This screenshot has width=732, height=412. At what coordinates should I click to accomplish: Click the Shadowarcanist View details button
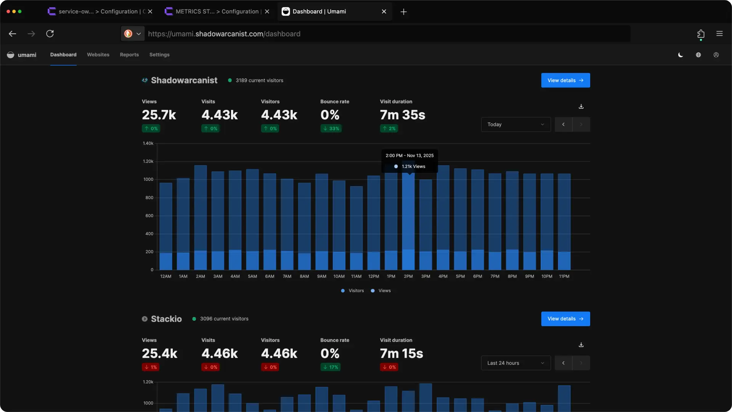565,80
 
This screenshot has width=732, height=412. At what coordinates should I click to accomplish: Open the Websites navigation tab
98,55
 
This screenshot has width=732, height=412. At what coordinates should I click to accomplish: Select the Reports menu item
129,55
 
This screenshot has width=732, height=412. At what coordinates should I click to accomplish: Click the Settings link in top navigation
159,55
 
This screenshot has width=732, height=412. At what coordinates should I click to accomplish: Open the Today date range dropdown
515,124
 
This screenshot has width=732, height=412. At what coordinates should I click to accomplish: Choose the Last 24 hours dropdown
515,363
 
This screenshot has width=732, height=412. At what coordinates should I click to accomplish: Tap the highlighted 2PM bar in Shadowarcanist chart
408,221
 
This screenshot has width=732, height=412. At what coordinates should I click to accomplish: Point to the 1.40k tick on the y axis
148,143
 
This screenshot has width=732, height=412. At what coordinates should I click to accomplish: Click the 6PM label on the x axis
477,276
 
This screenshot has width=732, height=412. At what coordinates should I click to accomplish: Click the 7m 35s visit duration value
402,115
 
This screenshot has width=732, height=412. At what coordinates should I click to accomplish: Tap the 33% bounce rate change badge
331,129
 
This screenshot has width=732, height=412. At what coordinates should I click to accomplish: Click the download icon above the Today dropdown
581,106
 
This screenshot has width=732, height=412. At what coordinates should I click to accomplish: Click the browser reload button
50,34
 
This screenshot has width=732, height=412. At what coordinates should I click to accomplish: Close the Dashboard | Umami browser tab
384,11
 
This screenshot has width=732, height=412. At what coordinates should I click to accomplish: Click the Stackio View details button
565,319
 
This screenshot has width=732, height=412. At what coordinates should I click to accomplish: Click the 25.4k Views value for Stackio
159,353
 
